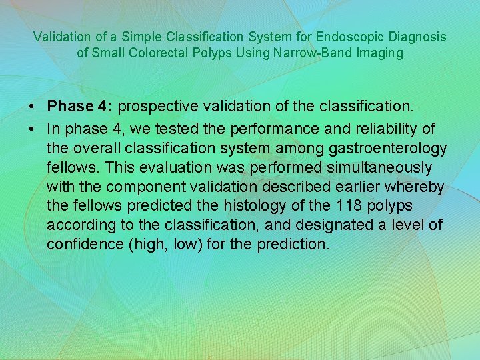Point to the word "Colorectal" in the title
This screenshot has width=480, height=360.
pyautogui.click(x=202, y=53)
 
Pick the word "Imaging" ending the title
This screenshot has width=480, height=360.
pyautogui.click(x=381, y=53)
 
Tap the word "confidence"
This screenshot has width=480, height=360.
pyautogui.click(x=85, y=245)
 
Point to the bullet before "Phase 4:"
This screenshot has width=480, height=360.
pyautogui.click(x=32, y=107)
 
